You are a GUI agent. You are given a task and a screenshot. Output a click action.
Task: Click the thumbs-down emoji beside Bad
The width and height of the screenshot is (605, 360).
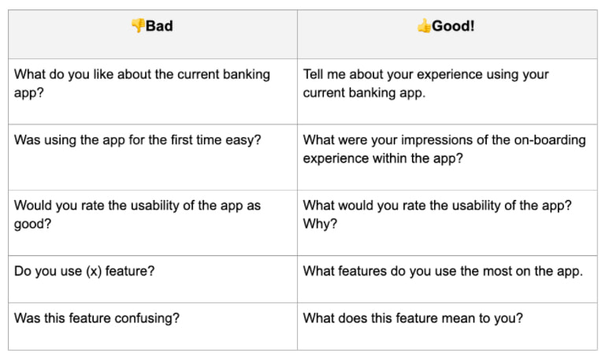(138, 26)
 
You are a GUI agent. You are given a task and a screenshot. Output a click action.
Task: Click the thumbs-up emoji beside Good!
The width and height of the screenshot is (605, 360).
(425, 26)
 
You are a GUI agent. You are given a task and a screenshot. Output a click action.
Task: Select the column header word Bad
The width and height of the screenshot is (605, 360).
(159, 26)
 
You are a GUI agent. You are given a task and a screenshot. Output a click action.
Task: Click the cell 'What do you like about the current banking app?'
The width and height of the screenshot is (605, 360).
(142, 83)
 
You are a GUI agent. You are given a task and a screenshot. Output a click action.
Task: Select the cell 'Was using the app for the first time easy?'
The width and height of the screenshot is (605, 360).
(138, 140)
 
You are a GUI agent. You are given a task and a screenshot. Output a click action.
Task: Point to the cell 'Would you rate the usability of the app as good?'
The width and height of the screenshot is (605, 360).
(138, 214)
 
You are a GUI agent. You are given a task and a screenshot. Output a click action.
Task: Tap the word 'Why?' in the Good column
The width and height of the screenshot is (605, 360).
(319, 224)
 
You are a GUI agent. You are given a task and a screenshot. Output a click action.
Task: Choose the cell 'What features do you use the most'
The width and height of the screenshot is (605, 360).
(443, 272)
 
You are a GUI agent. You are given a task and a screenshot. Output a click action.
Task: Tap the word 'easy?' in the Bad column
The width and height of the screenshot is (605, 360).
(243, 140)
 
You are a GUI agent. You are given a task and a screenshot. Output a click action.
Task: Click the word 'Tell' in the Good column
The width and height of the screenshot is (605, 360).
(315, 75)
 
